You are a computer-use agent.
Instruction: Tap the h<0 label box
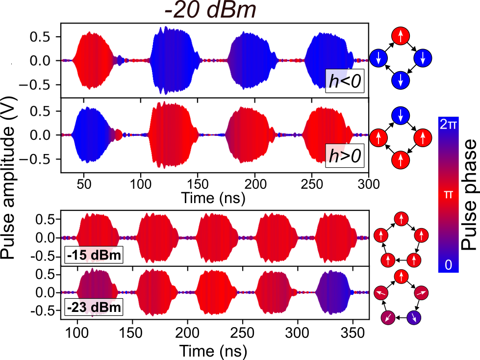coord(345,82)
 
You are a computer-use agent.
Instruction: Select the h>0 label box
coord(345,156)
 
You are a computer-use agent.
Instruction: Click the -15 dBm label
coord(92,256)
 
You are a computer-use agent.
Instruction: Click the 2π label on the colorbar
coord(449,125)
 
